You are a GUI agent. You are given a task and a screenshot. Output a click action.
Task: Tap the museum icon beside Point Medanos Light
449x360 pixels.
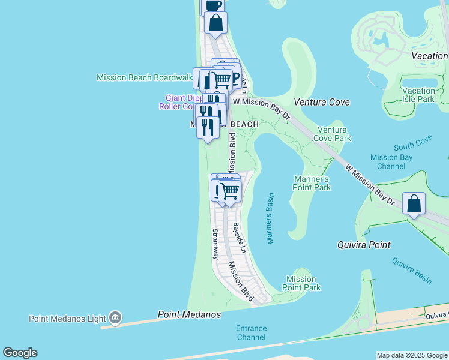115,317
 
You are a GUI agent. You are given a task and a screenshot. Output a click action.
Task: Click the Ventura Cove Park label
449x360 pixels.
334,134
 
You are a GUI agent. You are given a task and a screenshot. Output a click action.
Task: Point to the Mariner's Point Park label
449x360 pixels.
312,183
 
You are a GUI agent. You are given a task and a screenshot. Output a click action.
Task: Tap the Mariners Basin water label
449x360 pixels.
270,218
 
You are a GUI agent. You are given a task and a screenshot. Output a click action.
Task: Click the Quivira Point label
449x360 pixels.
364,245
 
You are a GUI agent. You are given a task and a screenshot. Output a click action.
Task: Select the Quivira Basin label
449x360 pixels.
412,270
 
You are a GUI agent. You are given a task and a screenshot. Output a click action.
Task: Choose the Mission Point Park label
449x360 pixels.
301,283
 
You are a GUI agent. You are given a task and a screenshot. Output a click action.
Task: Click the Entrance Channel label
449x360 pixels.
251,332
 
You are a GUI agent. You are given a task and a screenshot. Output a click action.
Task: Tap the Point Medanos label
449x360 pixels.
189,314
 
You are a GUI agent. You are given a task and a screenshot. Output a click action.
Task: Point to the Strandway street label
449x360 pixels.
215,243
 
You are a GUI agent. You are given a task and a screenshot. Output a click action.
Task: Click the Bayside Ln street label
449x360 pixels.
239,238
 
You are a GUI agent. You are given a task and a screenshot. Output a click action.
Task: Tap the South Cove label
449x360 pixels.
413,146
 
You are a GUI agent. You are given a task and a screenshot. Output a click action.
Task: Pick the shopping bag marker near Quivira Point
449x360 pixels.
414,204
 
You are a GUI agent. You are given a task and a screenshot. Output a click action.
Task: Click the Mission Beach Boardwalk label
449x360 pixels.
145,78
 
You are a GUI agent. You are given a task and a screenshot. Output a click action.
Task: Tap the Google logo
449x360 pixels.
20,353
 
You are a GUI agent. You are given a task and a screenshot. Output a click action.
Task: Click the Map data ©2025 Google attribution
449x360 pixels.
412,355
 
